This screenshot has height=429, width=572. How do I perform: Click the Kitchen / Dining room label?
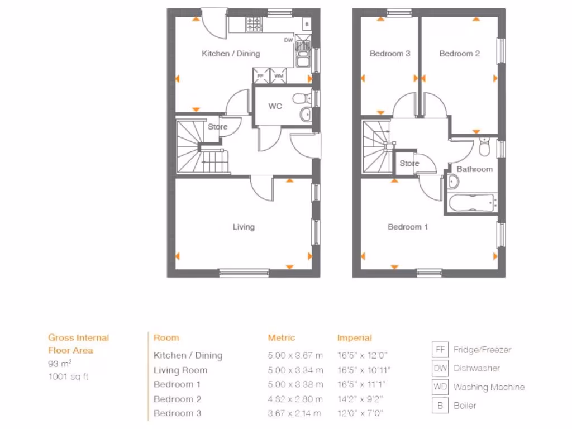231,54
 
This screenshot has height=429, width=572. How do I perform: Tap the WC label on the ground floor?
275,106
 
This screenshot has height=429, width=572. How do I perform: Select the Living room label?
244,227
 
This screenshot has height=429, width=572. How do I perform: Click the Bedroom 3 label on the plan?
390,54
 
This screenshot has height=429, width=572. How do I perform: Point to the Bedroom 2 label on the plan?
459,54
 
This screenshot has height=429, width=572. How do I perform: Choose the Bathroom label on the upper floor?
475,169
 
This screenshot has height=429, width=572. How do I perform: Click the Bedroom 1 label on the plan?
408,227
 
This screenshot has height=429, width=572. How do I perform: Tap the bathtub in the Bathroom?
471,202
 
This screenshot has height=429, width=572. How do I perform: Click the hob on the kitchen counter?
253,24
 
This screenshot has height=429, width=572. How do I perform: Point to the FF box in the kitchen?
260,75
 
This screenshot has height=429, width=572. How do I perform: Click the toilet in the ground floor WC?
301,98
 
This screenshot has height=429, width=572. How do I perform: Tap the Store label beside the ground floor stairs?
218,127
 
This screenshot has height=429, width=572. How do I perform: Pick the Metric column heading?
282,337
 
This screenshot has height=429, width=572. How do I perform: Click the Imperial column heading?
354,337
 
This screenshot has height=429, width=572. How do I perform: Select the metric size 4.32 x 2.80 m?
295,399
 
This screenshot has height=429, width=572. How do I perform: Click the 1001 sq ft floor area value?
68,376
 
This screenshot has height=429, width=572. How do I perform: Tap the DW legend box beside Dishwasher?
440,368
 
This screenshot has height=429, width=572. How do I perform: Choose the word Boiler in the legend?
465,406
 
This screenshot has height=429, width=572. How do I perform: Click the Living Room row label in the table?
180,370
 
